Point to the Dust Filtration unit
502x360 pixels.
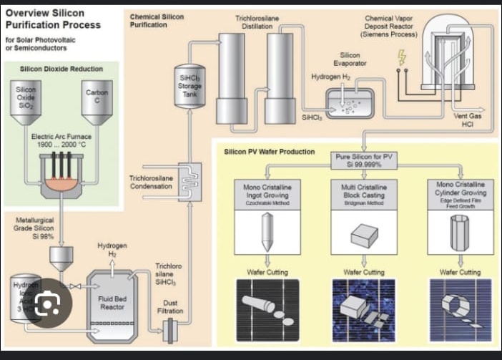(172, 331)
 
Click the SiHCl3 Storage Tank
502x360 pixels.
(190, 83)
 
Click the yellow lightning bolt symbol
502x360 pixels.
(401, 56)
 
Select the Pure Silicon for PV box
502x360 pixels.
(365, 160)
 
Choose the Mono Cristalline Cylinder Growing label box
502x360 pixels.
(460, 193)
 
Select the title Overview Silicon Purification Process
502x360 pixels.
(53, 19)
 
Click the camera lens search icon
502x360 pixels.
(48, 306)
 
